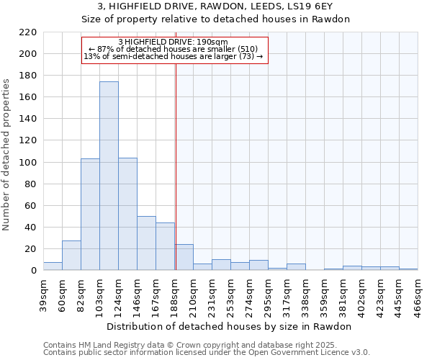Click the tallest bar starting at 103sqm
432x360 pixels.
point(109,176)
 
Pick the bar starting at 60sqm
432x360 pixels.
point(71,256)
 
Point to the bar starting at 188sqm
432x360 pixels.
point(184,258)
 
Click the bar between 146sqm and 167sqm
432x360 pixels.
point(146,243)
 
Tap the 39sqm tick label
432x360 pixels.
point(43,294)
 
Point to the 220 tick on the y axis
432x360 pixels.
point(29,32)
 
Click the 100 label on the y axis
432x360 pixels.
point(29,163)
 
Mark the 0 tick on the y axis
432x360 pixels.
point(34,271)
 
